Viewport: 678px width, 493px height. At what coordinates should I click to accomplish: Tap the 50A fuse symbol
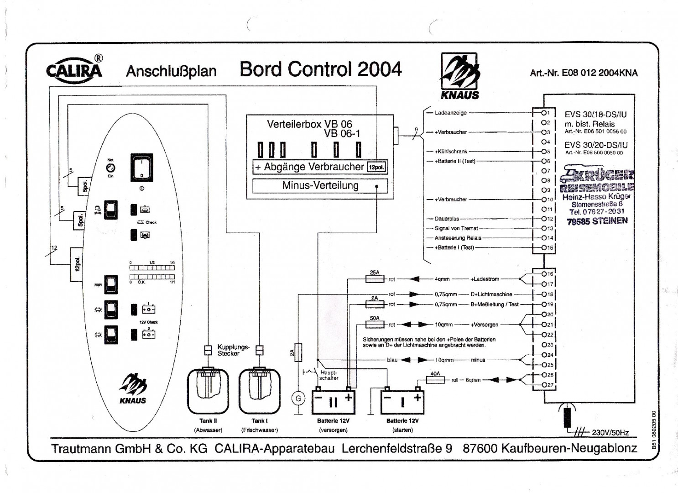point(375,325)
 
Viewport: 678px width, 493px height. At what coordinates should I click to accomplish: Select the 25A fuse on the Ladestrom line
point(375,279)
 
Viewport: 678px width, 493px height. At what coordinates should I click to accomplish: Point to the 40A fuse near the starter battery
point(435,380)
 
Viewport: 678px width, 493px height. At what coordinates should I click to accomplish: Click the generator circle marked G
point(298,399)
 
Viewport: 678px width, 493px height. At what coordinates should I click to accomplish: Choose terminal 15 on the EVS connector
point(544,247)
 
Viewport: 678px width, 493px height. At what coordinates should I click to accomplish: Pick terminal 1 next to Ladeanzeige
point(544,113)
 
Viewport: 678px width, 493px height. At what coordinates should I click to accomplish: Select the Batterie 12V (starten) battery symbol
point(402,402)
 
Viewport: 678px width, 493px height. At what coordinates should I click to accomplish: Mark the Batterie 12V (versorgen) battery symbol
point(333,402)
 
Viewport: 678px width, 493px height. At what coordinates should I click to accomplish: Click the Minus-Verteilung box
point(320,186)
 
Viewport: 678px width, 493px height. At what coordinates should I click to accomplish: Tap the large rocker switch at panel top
point(142,168)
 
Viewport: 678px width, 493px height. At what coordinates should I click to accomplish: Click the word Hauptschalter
point(329,375)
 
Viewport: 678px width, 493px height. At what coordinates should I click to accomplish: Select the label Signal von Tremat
point(456,228)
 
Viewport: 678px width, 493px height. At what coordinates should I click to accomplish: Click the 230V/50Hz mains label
point(610,433)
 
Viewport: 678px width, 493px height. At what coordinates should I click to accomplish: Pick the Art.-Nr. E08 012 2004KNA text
point(584,73)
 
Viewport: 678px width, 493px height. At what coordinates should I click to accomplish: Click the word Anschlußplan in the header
point(171,72)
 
